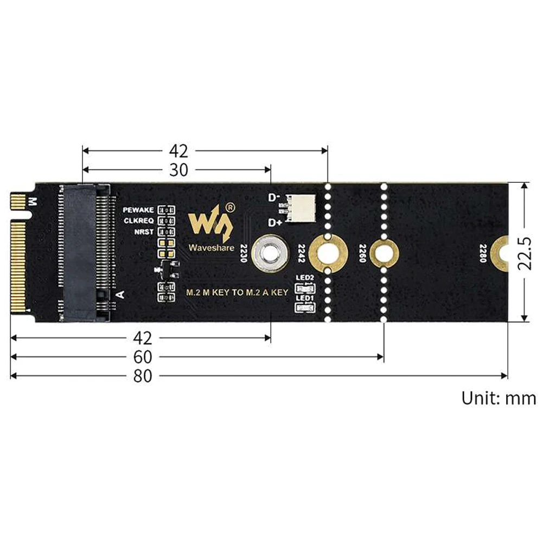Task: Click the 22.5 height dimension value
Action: (x=525, y=253)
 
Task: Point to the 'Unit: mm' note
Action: (x=499, y=398)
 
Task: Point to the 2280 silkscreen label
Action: (x=483, y=252)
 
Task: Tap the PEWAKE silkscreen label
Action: (x=139, y=209)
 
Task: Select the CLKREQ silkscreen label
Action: (x=139, y=220)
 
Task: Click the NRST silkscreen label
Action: (x=144, y=232)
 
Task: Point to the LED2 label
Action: (x=304, y=278)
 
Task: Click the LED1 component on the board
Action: (x=304, y=309)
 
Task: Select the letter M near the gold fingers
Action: (x=32, y=203)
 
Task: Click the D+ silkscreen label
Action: (x=274, y=222)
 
